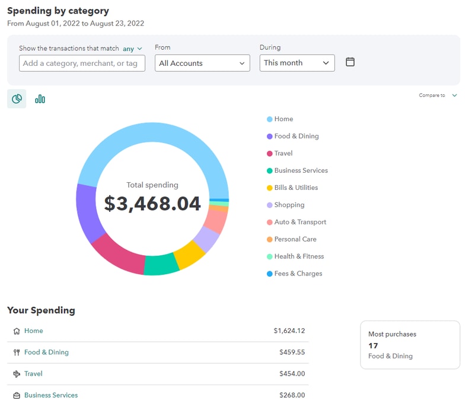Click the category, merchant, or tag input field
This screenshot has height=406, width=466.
[x=82, y=64]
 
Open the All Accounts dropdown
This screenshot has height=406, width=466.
[x=202, y=64]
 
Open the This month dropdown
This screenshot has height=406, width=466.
[x=296, y=63]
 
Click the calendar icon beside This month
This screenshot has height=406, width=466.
[x=350, y=62]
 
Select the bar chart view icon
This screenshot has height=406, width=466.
[x=40, y=99]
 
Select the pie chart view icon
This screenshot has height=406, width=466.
[x=17, y=99]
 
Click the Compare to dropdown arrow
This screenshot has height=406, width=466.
[x=454, y=95]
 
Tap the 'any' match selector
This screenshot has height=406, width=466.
[x=132, y=49]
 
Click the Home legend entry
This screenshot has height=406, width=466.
[x=283, y=119]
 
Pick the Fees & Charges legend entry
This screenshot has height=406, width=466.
[x=298, y=274]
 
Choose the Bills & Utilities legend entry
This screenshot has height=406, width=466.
[x=295, y=188]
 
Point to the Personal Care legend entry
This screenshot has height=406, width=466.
[x=295, y=239]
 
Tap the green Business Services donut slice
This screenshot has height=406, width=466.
[x=161, y=265]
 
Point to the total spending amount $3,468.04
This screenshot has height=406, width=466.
[x=152, y=204]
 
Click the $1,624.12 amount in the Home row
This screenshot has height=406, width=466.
[x=289, y=331]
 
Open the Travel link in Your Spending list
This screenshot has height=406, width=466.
[x=33, y=374]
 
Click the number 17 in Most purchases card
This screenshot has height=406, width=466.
[x=373, y=345]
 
